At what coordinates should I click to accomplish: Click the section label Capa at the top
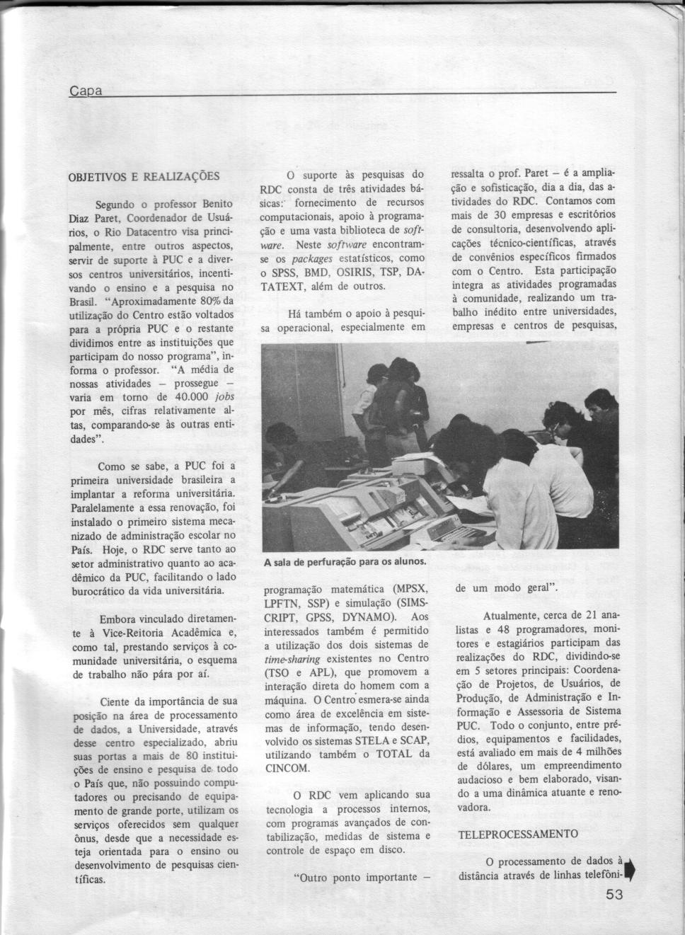[86, 91]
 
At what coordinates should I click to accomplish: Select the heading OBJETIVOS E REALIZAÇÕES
[144, 176]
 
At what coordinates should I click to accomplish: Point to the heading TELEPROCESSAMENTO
[518, 834]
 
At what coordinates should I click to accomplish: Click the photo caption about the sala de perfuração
[345, 563]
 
